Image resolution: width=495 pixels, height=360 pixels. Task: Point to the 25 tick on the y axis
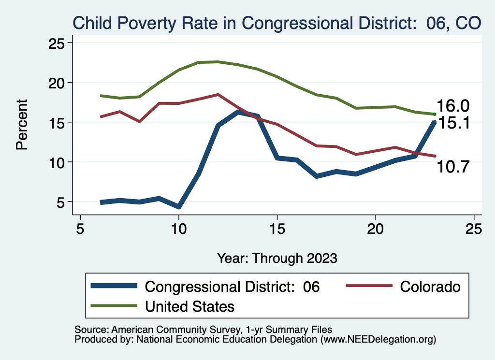(x=58, y=43)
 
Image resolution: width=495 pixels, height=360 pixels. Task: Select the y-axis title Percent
(x=22, y=124)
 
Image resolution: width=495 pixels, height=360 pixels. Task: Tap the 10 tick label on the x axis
(x=179, y=229)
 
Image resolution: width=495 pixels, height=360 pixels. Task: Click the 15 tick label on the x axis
(x=277, y=229)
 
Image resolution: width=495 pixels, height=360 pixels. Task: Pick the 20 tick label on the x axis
(x=376, y=229)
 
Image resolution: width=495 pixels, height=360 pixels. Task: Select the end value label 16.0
(x=453, y=106)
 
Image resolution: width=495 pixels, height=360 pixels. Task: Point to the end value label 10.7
(x=453, y=167)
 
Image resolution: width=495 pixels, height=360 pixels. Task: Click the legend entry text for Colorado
(x=430, y=287)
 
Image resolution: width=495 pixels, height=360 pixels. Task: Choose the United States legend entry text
(x=190, y=306)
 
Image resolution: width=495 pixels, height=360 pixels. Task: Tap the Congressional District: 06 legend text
(x=233, y=287)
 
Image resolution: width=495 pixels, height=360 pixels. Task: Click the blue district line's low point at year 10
(x=179, y=207)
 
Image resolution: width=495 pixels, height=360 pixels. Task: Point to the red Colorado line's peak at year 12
(x=218, y=95)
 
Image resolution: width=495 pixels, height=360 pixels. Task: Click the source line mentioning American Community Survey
(x=204, y=330)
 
